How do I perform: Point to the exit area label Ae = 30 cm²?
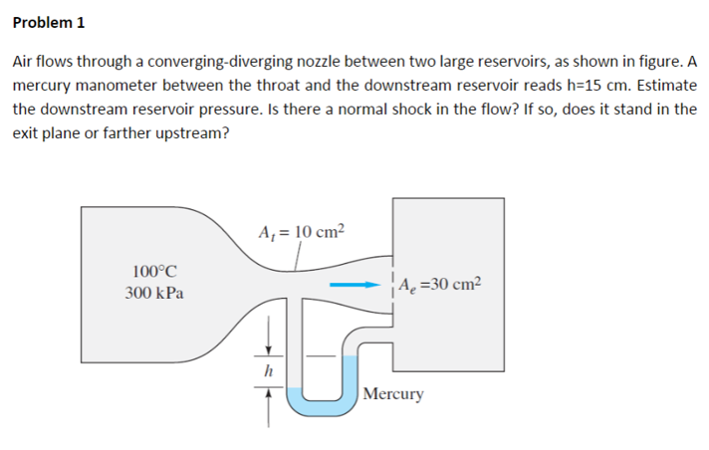coord(439,287)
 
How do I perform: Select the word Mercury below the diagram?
coord(393,394)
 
